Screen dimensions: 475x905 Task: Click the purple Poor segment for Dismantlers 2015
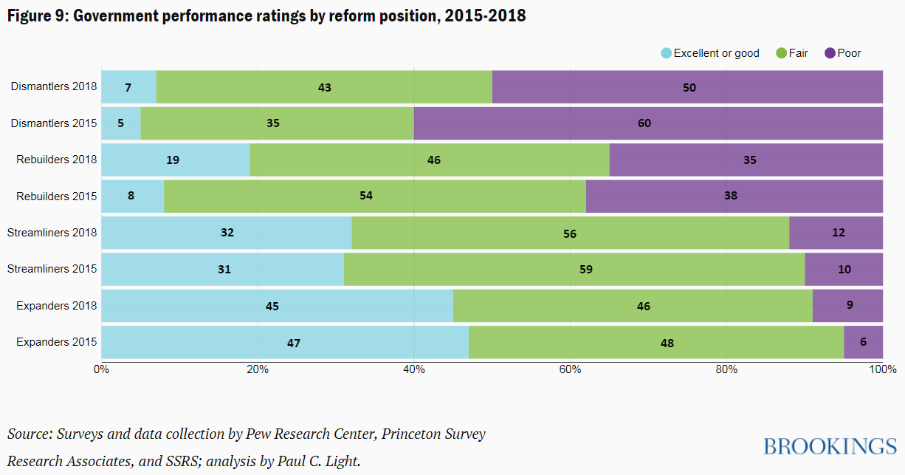648,123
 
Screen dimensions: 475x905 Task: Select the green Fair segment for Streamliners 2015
574,269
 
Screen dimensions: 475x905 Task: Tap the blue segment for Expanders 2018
277,306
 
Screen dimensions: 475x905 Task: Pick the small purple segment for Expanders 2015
863,342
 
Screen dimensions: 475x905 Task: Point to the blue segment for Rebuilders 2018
176,160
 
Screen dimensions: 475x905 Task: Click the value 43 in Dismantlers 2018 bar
324,87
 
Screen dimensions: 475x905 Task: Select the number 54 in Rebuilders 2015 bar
366,196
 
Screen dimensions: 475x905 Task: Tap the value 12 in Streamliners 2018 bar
837,232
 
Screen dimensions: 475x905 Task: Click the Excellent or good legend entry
709,53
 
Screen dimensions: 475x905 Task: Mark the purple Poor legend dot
830,53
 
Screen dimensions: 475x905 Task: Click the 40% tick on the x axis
413,369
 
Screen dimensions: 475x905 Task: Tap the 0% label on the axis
102,369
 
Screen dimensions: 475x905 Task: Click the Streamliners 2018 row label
52,233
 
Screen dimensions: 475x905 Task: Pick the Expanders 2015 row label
56,342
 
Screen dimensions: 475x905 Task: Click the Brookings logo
830,446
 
